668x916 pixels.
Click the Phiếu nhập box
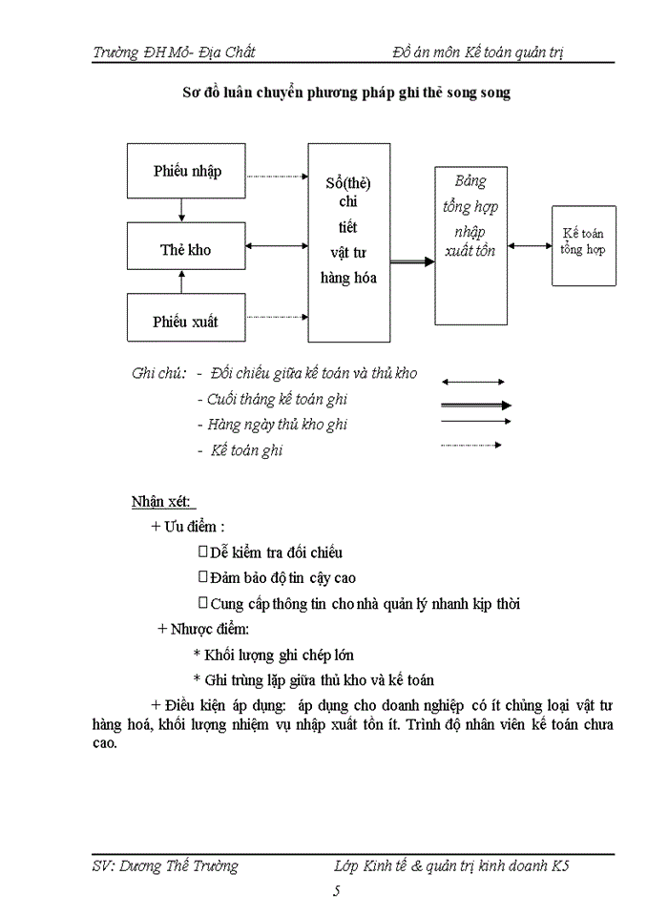pyautogui.click(x=186, y=171)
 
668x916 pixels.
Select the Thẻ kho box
pyautogui.click(x=186, y=249)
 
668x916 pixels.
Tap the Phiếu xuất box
pyautogui.click(x=186, y=321)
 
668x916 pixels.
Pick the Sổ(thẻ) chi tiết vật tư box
pyautogui.click(x=348, y=242)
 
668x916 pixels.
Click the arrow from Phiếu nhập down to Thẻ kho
pyautogui.click(x=181, y=210)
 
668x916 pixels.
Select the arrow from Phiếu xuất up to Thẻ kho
pyautogui.click(x=181, y=282)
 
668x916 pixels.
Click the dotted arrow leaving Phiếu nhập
pyautogui.click(x=277, y=177)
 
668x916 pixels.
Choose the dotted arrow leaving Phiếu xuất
pyautogui.click(x=277, y=316)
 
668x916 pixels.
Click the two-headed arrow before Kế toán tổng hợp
pyautogui.click(x=530, y=245)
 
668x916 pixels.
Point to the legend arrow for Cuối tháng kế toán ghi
pyautogui.click(x=475, y=405)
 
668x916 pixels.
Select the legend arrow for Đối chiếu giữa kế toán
pyautogui.click(x=475, y=382)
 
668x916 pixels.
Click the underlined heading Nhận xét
pyautogui.click(x=163, y=502)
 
